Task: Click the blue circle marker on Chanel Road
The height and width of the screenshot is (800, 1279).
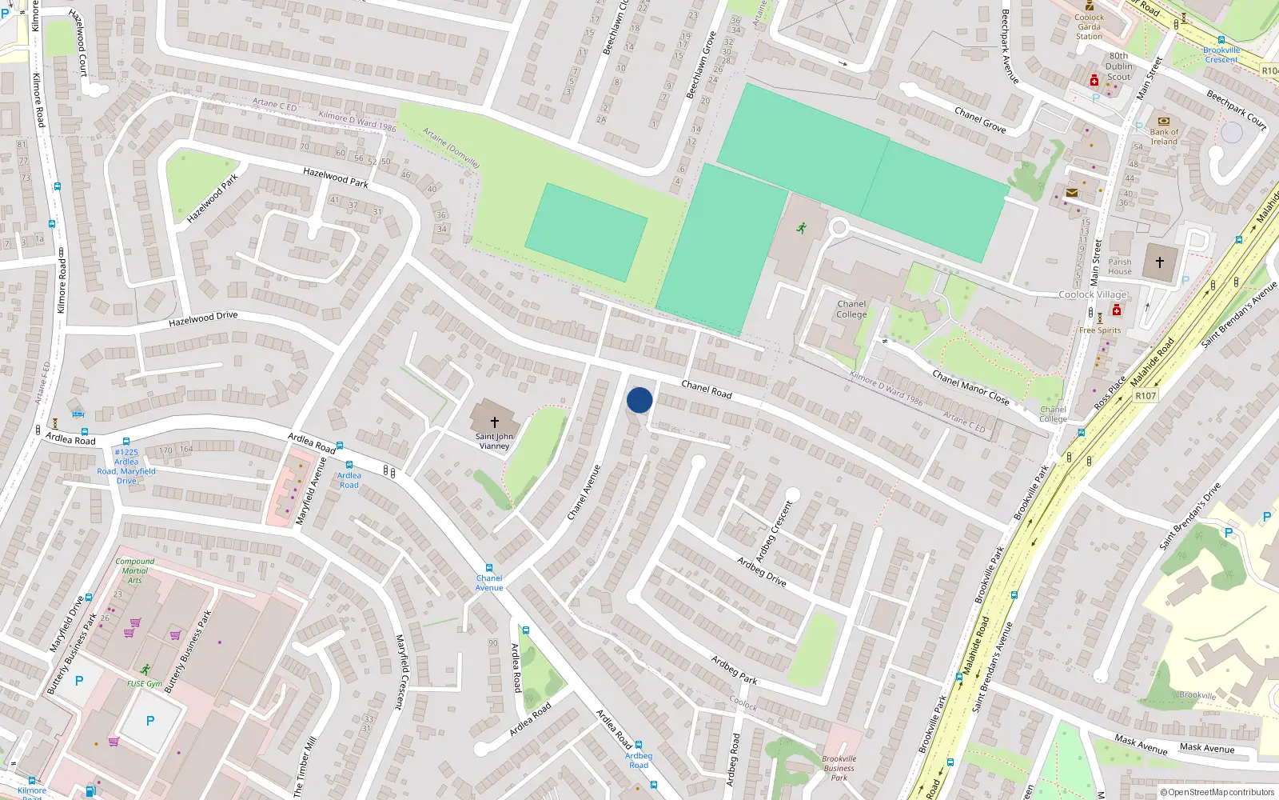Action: (x=639, y=400)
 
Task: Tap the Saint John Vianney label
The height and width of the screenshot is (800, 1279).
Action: (x=494, y=442)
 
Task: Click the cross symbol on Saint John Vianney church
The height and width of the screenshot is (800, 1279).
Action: (x=494, y=422)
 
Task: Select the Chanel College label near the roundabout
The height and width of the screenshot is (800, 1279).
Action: (x=851, y=310)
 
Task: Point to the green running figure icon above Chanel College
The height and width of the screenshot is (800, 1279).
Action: (x=801, y=228)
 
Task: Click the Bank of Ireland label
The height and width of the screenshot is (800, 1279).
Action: (x=1164, y=137)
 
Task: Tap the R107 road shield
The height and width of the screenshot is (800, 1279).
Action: (x=1146, y=396)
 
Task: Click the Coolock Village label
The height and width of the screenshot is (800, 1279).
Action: (x=1092, y=294)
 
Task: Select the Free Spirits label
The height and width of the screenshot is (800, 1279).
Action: (x=1100, y=330)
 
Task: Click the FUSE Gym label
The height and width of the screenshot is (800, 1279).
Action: (x=145, y=684)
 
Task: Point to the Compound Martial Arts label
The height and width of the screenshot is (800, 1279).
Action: (x=135, y=570)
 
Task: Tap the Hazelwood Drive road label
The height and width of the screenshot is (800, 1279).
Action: (x=203, y=318)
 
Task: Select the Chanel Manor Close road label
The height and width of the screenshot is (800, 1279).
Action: (x=970, y=387)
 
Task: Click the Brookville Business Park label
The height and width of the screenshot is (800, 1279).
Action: (x=839, y=768)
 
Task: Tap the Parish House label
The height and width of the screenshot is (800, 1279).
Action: (x=1119, y=266)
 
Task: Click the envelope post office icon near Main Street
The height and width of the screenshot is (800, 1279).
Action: (x=1072, y=193)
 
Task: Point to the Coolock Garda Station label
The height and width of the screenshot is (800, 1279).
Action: (x=1089, y=26)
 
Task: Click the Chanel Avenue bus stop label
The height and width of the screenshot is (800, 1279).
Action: (x=489, y=582)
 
